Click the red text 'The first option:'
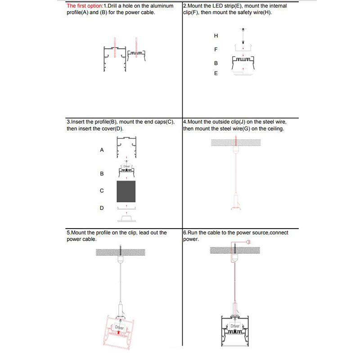tap(85, 6)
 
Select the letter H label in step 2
tap(216, 35)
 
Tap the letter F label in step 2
tap(216, 49)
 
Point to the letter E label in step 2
tap(216, 73)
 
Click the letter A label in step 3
tap(102, 150)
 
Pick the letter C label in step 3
tap(102, 191)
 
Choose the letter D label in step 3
tap(102, 208)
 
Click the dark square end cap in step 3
tap(126, 191)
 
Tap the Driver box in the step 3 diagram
tap(126, 166)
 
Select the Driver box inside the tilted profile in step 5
tap(119, 327)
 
